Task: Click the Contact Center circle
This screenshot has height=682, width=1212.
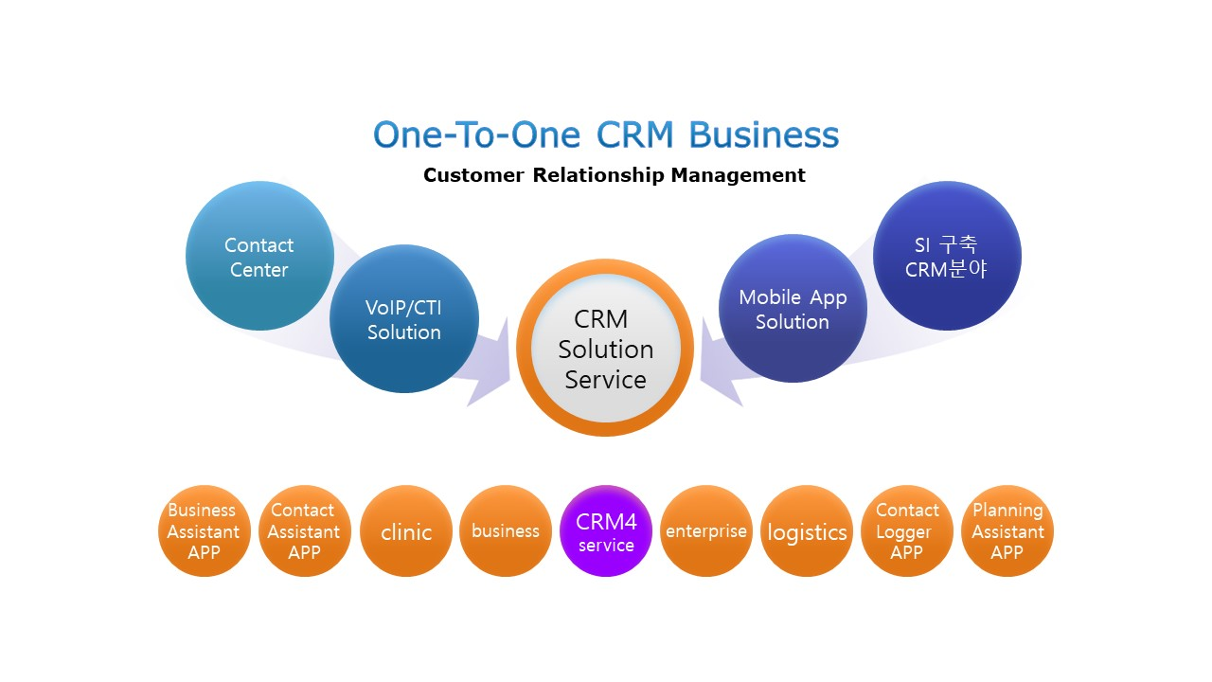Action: pyautogui.click(x=259, y=256)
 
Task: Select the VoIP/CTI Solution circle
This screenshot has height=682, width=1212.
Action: pyautogui.click(x=404, y=319)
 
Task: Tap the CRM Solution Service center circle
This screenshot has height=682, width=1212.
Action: pyautogui.click(x=605, y=348)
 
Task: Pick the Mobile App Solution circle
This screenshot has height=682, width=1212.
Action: pyautogui.click(x=793, y=309)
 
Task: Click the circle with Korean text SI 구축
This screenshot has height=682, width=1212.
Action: pyautogui.click(x=948, y=256)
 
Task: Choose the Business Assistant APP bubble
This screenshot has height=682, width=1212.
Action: pyautogui.click(x=204, y=531)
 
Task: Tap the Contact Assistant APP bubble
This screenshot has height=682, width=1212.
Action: pyautogui.click(x=305, y=531)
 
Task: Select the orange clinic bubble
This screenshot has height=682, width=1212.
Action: pyautogui.click(x=406, y=531)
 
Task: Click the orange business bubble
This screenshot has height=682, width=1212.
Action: pyautogui.click(x=506, y=531)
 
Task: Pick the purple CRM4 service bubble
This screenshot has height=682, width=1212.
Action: pyautogui.click(x=606, y=531)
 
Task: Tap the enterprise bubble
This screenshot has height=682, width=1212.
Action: pyautogui.click(x=706, y=531)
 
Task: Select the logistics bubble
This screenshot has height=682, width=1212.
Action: pyautogui.click(x=807, y=531)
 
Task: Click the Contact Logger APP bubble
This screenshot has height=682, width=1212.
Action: pyautogui.click(x=907, y=531)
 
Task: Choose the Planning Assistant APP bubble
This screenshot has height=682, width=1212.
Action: pyautogui.click(x=1007, y=531)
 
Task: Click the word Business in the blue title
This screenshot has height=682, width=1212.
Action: pyautogui.click(x=764, y=135)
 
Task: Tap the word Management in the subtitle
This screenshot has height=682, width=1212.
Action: pyautogui.click(x=738, y=175)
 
